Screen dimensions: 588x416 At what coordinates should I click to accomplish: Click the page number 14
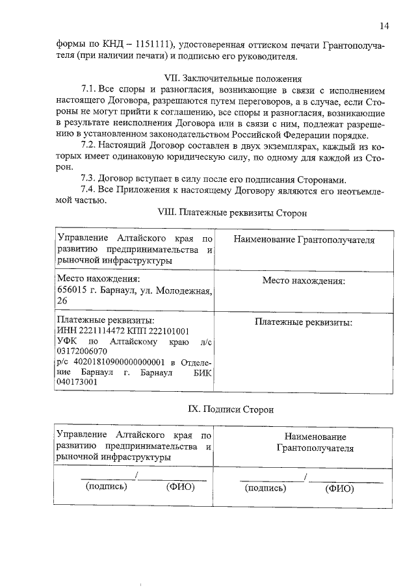(x=384, y=26)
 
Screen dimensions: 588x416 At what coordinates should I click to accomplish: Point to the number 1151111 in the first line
(x=155, y=44)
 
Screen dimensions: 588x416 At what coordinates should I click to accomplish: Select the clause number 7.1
(x=89, y=88)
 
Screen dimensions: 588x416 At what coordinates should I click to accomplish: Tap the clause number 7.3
(x=89, y=179)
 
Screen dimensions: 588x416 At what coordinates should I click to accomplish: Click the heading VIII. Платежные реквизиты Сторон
(x=232, y=212)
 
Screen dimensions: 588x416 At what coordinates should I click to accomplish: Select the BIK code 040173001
(x=77, y=383)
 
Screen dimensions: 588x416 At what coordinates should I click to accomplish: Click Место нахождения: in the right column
(x=304, y=281)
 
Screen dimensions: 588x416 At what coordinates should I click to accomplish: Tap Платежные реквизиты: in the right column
(x=304, y=322)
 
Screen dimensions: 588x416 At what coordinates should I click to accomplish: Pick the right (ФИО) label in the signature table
(x=337, y=488)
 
